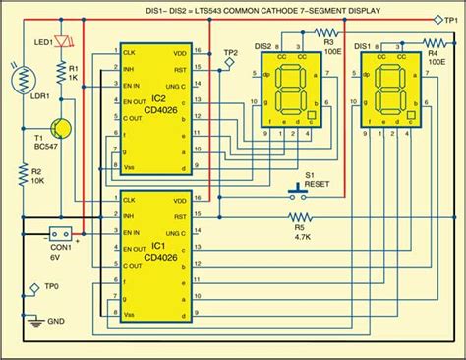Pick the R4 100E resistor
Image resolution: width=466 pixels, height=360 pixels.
(432, 44)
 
